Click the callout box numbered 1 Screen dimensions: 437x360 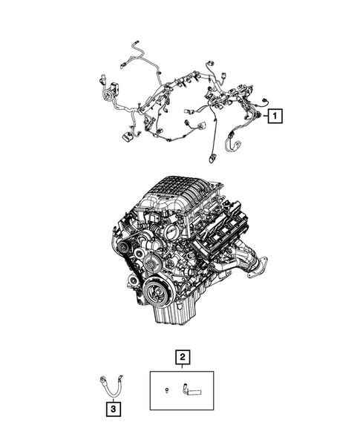tap(274, 116)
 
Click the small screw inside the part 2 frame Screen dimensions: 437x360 tap(168, 389)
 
